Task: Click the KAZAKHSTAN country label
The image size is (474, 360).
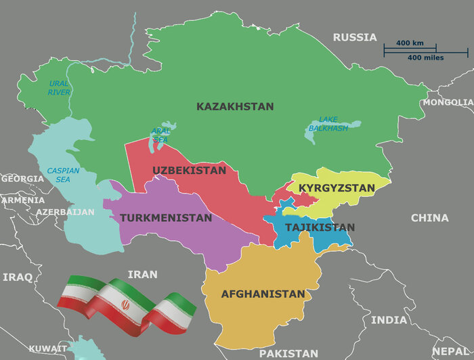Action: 235,107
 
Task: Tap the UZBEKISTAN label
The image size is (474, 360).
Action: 190,171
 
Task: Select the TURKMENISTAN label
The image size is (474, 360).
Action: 166,219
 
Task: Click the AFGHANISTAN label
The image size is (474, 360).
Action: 263,294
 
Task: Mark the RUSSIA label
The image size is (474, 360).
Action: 354,37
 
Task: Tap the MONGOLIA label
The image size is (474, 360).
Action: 448,102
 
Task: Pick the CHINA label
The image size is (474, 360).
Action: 429,218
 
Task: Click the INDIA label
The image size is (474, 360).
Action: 389,319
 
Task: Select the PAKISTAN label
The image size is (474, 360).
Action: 288,353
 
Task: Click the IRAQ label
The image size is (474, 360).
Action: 18,277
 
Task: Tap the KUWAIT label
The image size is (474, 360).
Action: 48,348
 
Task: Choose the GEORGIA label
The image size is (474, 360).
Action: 22,179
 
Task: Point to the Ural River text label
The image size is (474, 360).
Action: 59,87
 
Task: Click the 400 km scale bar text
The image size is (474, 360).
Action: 410,43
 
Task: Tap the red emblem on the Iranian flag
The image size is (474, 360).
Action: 125,305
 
